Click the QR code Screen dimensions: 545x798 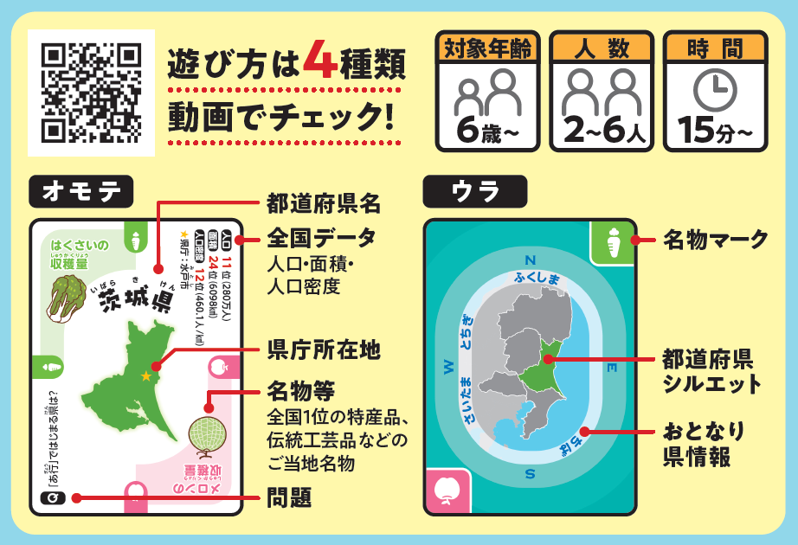pos(91,93)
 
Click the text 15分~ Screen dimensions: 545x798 pos(715,131)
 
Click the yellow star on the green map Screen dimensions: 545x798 pos(145,375)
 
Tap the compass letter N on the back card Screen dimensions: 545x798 pos(531,260)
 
